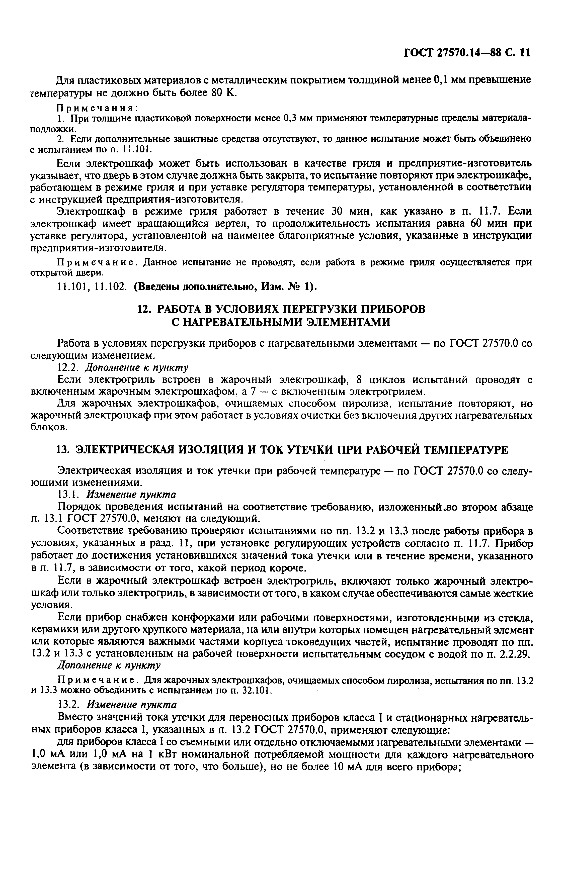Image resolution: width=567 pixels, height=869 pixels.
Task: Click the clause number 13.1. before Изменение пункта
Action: point(69,494)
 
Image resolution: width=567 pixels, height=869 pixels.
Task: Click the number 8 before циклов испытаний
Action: point(359,380)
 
